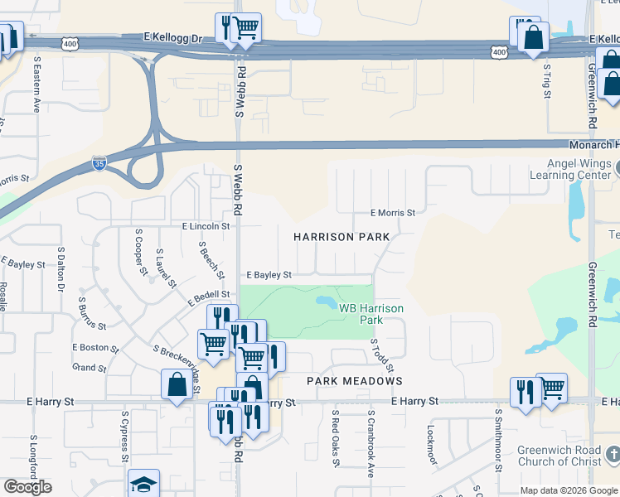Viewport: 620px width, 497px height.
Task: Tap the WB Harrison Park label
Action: click(372, 313)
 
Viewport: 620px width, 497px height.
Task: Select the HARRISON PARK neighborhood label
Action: click(342, 237)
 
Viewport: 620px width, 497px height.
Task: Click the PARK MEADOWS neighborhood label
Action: click(355, 381)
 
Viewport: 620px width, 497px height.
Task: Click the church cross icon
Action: click(613, 454)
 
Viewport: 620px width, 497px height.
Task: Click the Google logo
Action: click(27, 487)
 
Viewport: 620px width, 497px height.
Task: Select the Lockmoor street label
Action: click(430, 444)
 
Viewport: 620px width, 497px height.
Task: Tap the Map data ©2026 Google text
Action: click(569, 490)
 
